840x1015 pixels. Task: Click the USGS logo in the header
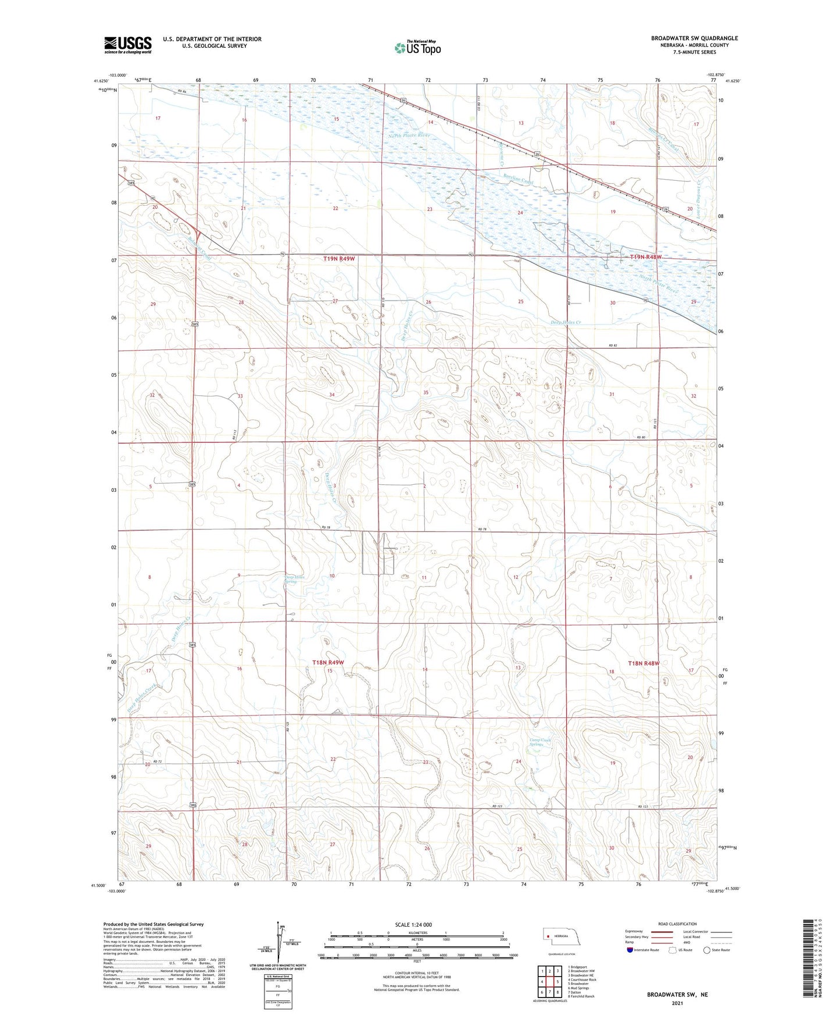[128, 45]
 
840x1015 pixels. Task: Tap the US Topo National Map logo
[417, 48]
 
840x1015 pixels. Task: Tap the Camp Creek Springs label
[539, 742]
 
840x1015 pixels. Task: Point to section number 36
[518, 395]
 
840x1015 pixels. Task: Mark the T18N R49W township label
[328, 663]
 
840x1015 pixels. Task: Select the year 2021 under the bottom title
[677, 1003]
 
